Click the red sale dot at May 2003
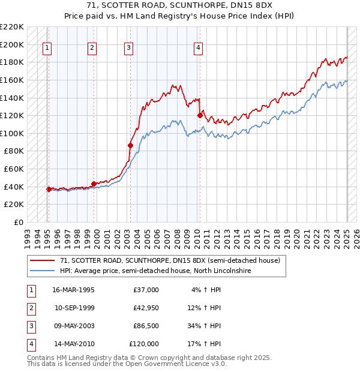pos(130,145)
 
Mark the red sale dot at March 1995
pos(49,189)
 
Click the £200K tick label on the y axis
pos(13,44)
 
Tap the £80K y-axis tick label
pos(14,151)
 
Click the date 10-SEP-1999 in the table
pos(74,308)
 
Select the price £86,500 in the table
pos(146,326)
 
